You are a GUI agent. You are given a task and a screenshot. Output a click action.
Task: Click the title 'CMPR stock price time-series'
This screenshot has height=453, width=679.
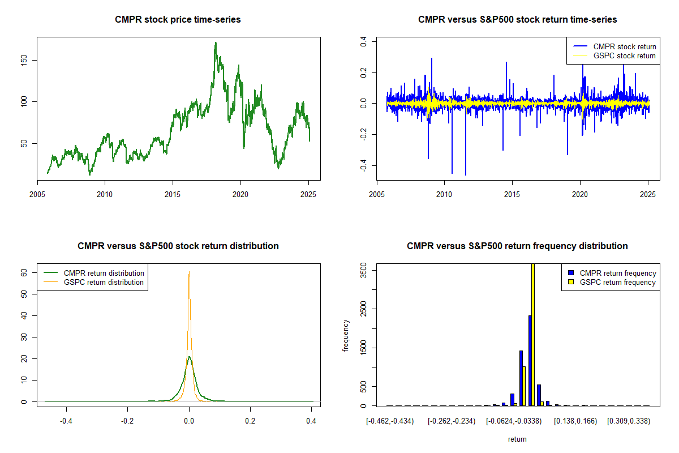178,19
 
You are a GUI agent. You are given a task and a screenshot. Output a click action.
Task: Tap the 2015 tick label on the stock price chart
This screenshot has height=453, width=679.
173,194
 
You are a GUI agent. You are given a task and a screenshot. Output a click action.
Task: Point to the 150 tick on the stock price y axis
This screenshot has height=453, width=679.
24,61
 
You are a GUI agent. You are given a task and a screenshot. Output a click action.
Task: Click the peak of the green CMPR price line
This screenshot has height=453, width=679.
216,42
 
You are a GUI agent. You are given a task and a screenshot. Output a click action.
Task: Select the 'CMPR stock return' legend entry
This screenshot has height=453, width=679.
614,46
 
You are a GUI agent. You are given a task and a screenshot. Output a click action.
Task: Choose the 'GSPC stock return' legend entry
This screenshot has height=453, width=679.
614,56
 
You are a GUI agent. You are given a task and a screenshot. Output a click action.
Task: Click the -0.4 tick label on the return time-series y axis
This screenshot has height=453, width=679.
363,165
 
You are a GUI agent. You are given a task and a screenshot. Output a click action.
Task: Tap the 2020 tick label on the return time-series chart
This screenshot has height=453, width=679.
580,194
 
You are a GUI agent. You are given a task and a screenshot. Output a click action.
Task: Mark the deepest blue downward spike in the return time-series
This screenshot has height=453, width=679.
466,175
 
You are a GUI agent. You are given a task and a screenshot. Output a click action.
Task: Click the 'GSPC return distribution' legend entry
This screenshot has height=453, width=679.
94,282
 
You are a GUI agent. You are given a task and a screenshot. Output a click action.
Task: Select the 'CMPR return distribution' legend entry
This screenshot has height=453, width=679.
94,273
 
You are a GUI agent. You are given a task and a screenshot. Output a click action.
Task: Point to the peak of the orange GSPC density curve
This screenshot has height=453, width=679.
189,272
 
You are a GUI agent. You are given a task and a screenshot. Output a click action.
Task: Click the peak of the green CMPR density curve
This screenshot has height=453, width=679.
189,357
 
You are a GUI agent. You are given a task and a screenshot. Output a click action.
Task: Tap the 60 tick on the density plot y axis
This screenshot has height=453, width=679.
24,273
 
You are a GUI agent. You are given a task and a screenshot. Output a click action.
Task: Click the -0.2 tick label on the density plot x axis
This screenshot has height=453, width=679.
127,421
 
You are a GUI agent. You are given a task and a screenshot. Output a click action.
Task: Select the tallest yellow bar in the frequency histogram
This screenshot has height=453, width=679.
533,335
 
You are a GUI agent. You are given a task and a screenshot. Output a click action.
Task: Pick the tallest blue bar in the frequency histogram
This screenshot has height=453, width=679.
530,361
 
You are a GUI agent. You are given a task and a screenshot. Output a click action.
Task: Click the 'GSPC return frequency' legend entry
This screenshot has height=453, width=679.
612,282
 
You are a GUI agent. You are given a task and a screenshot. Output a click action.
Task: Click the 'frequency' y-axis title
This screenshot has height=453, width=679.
346,335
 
